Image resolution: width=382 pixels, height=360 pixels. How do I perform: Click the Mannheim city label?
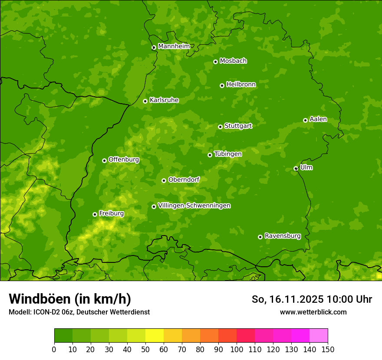tap(174, 46)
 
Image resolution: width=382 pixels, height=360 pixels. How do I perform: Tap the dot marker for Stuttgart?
tap(220, 127)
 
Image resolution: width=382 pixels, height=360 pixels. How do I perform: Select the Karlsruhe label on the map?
tap(164, 100)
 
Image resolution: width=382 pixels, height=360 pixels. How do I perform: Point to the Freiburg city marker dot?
tap(95, 214)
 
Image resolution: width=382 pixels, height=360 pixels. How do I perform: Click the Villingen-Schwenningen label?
tap(194, 206)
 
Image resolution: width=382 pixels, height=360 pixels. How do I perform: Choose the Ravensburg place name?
tap(283, 236)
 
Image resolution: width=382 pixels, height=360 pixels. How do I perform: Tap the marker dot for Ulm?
tap(296, 168)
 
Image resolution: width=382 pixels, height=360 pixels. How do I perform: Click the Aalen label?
tap(318, 119)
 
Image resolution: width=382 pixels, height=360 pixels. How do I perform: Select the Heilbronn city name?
tap(241, 85)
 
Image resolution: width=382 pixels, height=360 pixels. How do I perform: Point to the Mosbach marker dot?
tap(215, 62)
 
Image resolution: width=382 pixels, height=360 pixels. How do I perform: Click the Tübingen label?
tap(228, 154)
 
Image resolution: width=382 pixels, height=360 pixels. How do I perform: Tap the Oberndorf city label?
tap(184, 180)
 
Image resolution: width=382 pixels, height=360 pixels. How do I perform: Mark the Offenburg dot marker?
tap(104, 160)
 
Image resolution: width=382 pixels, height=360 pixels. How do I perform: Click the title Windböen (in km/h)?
tap(70, 299)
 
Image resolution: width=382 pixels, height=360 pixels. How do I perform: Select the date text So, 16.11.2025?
tap(287, 299)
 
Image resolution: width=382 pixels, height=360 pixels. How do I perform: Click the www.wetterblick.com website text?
tap(313, 312)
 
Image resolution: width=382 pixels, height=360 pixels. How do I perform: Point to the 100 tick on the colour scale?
tap(237, 349)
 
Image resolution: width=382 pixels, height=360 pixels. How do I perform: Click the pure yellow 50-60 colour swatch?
tap(155, 336)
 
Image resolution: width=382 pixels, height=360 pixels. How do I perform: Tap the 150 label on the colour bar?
tap(328, 349)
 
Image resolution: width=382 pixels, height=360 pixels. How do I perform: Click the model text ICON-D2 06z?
tap(53, 312)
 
